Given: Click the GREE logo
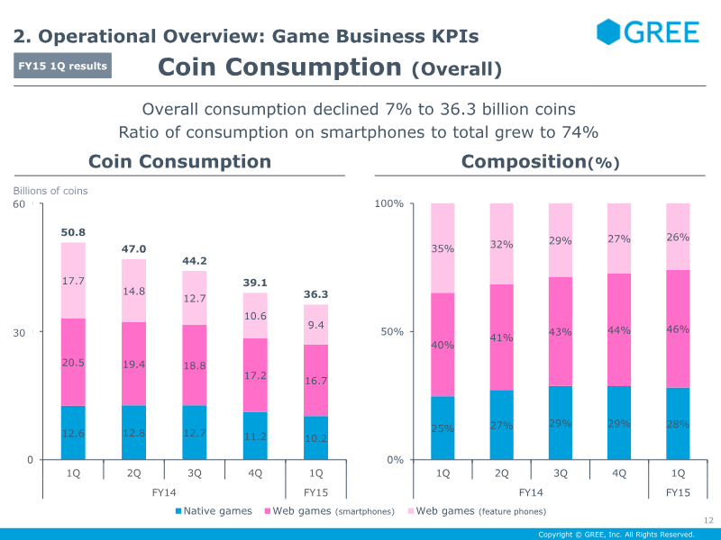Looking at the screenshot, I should tap(647, 32).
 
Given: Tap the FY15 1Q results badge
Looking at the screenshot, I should tap(63, 66).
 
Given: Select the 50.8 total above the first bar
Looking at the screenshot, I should tap(73, 232).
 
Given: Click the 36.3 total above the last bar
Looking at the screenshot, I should tap(315, 293).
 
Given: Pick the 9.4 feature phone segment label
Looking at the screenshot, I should tap(315, 326).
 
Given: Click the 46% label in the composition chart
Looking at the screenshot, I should tap(678, 329).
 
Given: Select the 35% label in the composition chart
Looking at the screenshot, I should tap(443, 248).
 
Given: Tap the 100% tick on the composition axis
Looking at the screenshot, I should tap(389, 204).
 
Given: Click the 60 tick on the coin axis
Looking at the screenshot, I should tap(19, 204).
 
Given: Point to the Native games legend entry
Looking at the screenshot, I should tap(213, 511).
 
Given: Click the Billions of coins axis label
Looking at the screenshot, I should tap(50, 191).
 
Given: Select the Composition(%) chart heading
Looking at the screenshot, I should tap(540, 162).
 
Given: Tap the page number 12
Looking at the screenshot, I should tap(707, 519).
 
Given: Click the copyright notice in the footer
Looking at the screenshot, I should tap(616, 535).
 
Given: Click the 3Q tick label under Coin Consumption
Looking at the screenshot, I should tap(194, 472).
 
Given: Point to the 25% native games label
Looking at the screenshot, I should tap(443, 428).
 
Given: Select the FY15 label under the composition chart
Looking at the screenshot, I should tap(678, 492).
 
